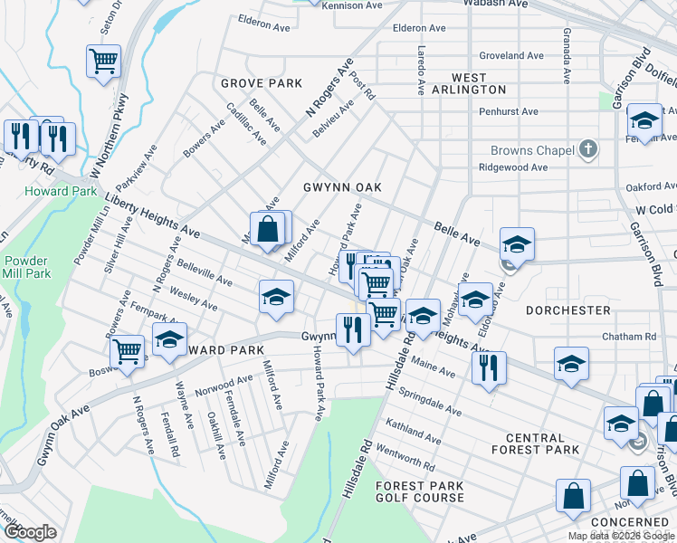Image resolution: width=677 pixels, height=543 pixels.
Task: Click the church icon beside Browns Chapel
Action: (588, 149)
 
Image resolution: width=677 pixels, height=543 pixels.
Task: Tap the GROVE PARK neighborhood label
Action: (262, 83)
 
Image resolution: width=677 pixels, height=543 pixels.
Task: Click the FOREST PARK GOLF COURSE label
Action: (420, 492)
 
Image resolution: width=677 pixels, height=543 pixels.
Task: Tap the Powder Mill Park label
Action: (26, 266)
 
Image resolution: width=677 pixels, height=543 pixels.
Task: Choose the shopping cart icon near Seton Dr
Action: (103, 62)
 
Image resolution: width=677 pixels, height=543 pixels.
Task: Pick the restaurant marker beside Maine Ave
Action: (489, 367)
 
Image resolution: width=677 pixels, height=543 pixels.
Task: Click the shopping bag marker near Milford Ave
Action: (269, 230)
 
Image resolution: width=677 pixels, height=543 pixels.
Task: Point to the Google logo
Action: (30, 532)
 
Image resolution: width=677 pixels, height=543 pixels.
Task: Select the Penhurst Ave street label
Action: (509, 112)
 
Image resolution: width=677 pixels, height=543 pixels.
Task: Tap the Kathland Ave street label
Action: (412, 432)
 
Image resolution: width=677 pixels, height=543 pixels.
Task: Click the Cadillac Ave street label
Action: (247, 124)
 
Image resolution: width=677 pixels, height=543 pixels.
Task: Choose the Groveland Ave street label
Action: (509, 55)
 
